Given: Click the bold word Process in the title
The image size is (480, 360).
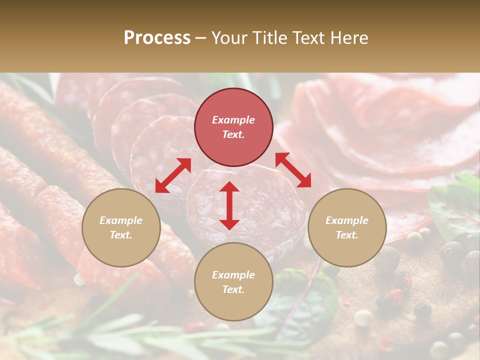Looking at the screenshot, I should point(157,38).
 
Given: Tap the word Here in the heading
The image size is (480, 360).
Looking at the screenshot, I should point(349,38).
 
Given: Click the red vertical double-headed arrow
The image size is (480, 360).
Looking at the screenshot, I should point(229,205).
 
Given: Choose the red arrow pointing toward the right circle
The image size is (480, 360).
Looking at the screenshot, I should point(293,170).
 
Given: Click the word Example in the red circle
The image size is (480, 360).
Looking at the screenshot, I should point(233,120).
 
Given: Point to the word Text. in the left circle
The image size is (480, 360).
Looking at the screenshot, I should point(121,235).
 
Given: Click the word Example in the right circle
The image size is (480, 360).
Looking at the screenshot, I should point(347,220).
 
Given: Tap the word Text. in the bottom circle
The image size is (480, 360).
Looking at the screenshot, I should point(233,289).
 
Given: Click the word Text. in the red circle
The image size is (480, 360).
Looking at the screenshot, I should point(233,134).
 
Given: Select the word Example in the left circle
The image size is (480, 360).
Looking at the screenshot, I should point(121,220).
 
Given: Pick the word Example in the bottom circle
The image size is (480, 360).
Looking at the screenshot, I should point(233,275).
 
